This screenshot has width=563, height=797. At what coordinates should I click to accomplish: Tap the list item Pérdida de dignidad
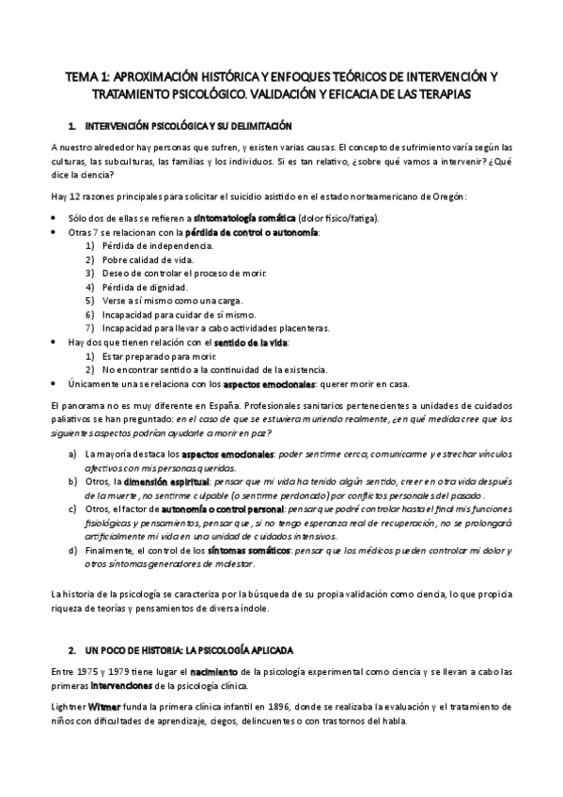point(144,286)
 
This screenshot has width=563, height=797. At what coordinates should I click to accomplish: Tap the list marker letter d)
point(73,550)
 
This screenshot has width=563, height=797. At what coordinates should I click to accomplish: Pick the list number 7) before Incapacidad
point(90,327)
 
